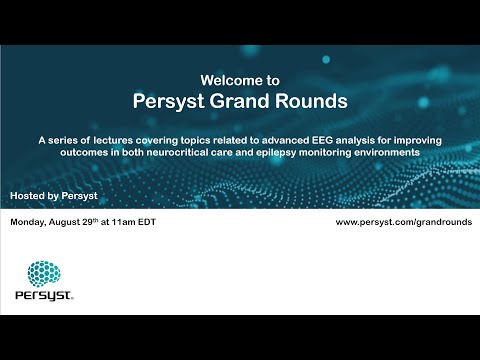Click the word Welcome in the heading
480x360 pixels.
(x=226, y=78)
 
